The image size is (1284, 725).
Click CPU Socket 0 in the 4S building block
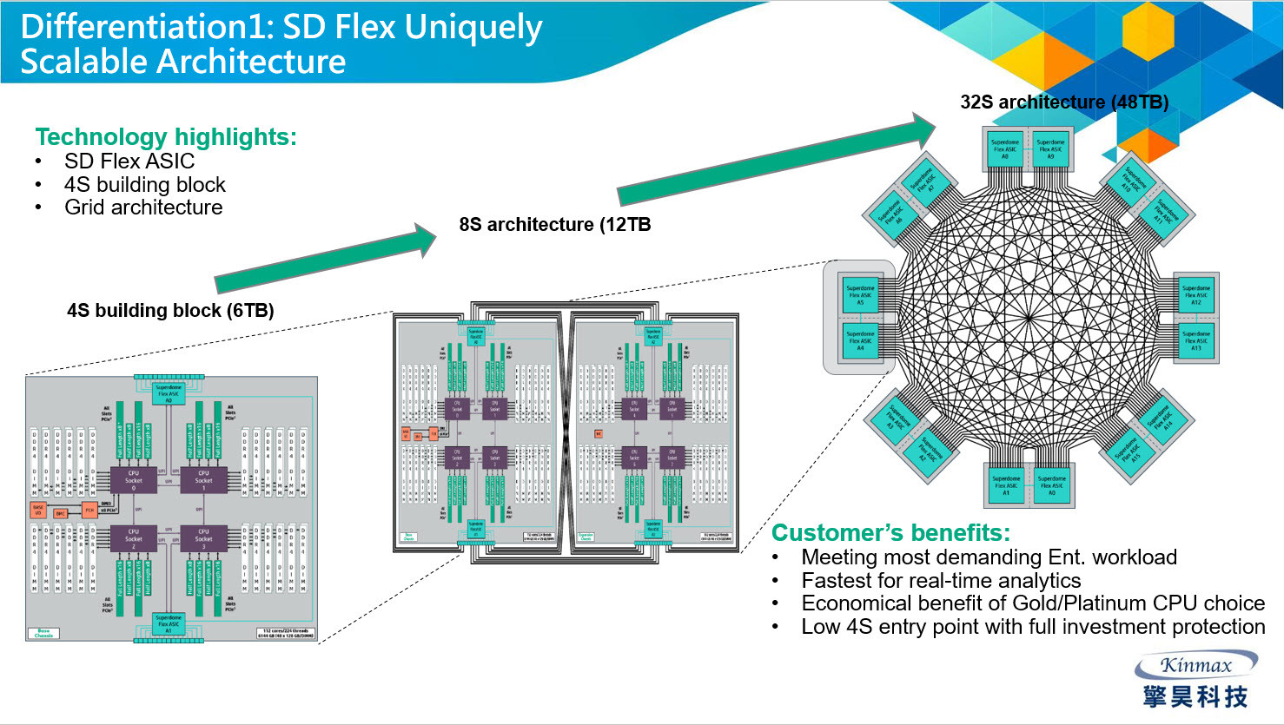[x=133, y=479]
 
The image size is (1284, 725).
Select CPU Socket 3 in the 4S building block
[x=203, y=537]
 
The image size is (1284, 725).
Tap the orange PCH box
[x=89, y=510]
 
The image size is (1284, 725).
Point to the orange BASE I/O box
[x=38, y=509]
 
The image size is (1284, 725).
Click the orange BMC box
[x=61, y=513]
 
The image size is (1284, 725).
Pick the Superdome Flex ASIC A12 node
[x=1195, y=295]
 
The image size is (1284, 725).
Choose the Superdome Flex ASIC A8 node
[x=1005, y=149]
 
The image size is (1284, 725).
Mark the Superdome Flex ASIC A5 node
[x=860, y=295]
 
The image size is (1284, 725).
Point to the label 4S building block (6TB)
[x=170, y=311]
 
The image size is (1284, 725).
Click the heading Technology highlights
[x=166, y=137]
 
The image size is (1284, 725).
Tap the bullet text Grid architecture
[x=143, y=208]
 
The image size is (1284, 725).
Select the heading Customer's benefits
[x=891, y=532]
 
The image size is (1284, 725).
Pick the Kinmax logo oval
[x=1196, y=666]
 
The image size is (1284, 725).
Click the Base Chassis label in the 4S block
[x=43, y=633]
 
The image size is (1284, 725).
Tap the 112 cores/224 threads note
[x=286, y=633]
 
